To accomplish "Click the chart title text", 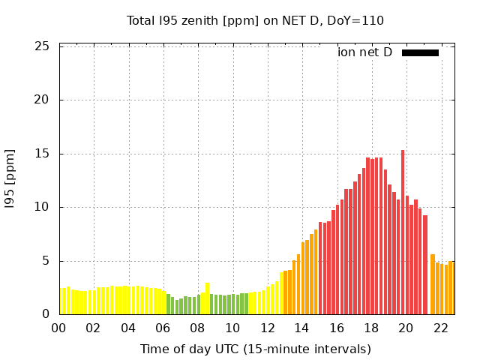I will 255,20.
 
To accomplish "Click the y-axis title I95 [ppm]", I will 10,179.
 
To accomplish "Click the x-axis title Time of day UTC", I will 255,349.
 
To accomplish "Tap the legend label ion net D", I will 364,52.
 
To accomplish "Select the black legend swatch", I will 420,52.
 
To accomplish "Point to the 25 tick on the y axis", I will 43,46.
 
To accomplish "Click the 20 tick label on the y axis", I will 43,100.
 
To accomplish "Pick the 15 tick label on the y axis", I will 43,154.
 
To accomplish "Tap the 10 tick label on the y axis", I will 43,207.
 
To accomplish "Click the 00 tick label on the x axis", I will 59,328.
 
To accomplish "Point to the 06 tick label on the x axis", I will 163,328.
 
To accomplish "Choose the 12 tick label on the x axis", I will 267,328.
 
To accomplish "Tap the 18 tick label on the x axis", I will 371,328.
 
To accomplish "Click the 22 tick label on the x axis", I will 440,328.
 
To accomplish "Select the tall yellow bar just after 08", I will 208,298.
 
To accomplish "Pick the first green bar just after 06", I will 168,304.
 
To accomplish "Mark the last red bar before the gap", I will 425,265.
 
